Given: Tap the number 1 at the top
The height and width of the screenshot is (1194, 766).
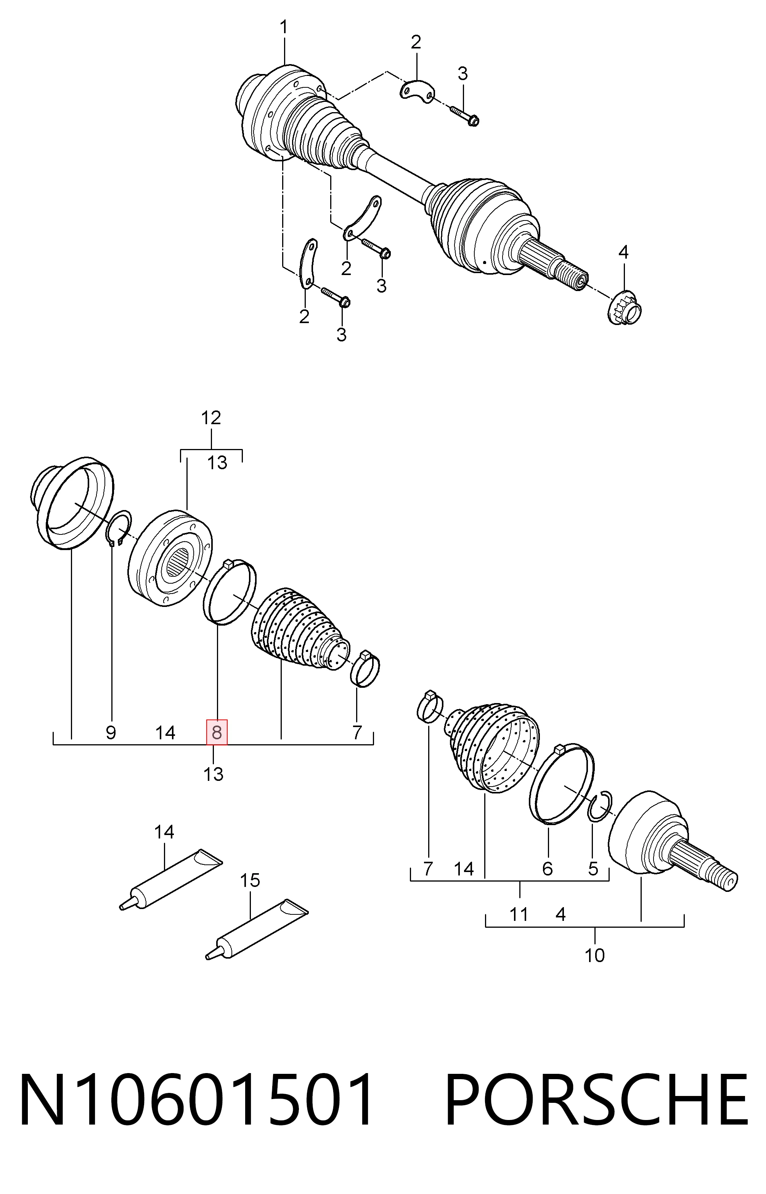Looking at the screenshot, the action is pyautogui.click(x=284, y=27).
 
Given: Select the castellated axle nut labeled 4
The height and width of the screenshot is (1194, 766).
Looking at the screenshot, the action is pyautogui.click(x=625, y=309).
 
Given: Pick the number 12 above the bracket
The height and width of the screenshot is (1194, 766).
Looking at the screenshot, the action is pyautogui.click(x=211, y=418).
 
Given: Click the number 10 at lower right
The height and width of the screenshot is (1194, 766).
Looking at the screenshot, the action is pyautogui.click(x=594, y=955).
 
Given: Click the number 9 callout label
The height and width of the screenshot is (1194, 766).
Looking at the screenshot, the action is pyautogui.click(x=111, y=732).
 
